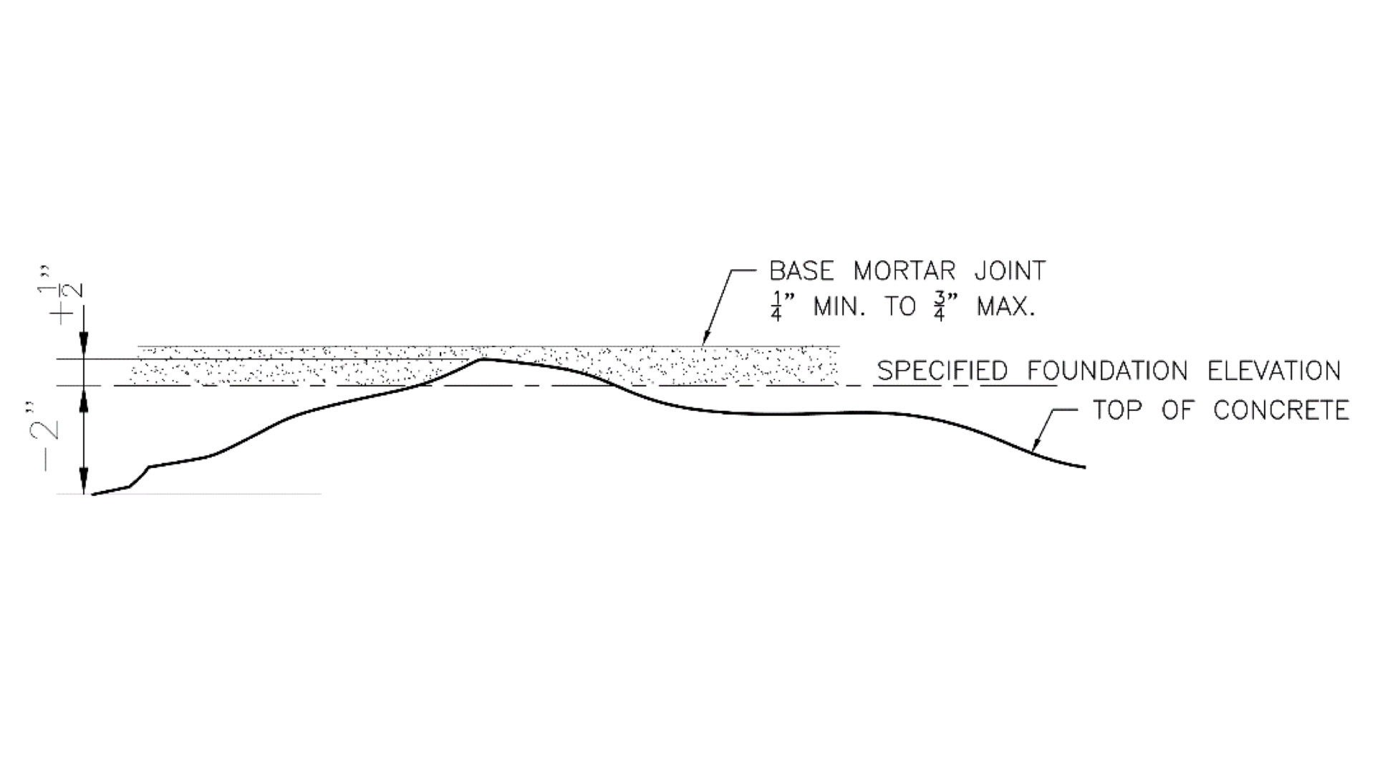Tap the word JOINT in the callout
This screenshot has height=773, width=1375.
click(1010, 271)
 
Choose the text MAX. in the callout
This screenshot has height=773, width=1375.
click(1006, 307)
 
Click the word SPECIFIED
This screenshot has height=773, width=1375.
click(942, 371)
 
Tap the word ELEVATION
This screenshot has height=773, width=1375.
click(1274, 371)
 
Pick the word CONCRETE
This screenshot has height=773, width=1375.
click(1281, 410)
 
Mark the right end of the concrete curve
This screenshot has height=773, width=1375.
click(1084, 467)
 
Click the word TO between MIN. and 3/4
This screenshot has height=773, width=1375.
click(900, 307)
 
